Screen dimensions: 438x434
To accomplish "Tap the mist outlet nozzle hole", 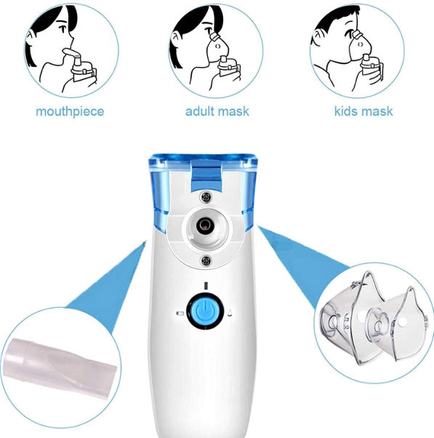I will [208, 226].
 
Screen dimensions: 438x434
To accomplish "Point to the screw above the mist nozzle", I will [208, 195].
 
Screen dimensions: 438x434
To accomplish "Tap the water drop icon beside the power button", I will [230, 314].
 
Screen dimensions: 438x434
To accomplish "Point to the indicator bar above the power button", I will [207, 285].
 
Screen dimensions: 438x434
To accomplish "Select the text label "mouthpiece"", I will [70, 111].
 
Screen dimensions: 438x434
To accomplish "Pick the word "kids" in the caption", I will [347, 111].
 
